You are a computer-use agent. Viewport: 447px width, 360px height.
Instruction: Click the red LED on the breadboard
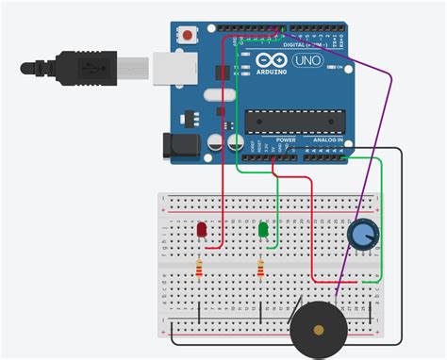(x=201, y=231)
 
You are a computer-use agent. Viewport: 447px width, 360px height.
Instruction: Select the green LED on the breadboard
(x=263, y=230)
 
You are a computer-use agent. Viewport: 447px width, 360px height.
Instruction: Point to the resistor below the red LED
(x=199, y=270)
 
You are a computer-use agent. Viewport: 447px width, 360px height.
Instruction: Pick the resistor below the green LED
(x=260, y=270)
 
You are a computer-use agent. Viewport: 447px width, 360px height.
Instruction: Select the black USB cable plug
(x=84, y=67)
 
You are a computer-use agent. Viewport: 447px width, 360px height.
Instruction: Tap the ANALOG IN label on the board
(x=331, y=140)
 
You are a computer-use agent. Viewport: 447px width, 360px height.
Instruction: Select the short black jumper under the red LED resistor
(x=200, y=311)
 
